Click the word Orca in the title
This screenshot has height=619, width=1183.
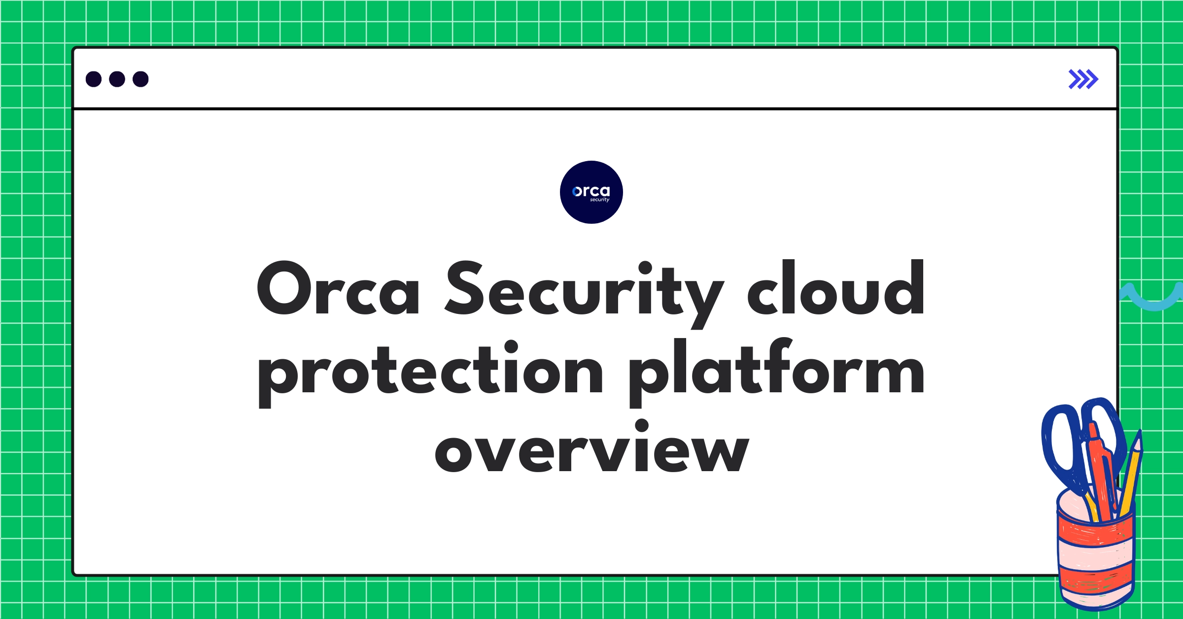(x=338, y=289)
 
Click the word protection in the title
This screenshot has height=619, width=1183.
(x=430, y=372)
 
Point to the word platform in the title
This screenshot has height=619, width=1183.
(x=776, y=372)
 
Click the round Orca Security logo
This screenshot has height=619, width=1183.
(x=591, y=192)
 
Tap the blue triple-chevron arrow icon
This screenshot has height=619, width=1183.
(x=1083, y=79)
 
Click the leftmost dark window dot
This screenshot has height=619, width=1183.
(x=94, y=79)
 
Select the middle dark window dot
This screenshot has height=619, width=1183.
(x=117, y=79)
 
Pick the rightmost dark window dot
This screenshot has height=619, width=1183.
(x=140, y=79)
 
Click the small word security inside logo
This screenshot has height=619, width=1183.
(x=599, y=200)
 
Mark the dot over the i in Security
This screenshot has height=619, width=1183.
(x=645, y=268)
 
